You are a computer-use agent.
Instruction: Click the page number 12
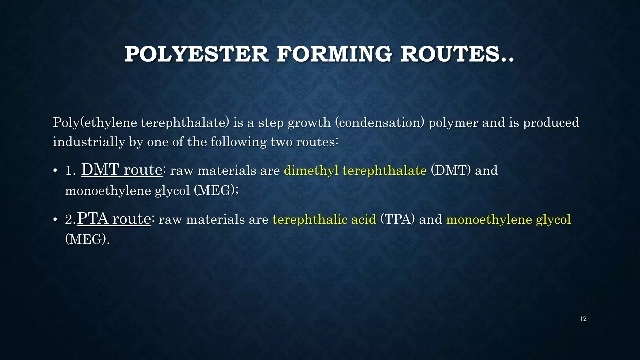(x=583, y=319)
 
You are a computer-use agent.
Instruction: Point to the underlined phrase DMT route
(x=122, y=170)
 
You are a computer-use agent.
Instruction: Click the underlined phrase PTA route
(x=114, y=219)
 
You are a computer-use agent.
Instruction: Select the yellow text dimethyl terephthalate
(x=355, y=171)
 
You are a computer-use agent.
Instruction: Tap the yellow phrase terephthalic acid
(x=324, y=219)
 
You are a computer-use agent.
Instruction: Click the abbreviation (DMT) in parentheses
(x=451, y=171)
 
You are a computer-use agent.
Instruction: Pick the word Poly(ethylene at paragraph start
(x=95, y=122)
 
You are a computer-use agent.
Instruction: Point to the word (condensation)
(x=379, y=122)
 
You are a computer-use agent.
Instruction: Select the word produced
(x=551, y=122)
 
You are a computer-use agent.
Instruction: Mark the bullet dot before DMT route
(x=55, y=171)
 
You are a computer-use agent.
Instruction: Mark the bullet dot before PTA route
(x=55, y=220)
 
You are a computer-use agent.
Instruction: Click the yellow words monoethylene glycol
(x=508, y=219)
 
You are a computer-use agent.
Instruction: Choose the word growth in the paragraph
(x=309, y=122)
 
